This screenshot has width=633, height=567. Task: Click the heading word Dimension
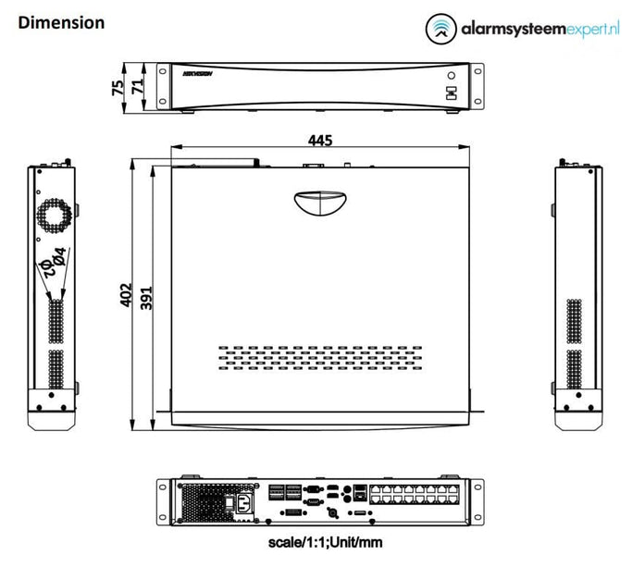coord(61,21)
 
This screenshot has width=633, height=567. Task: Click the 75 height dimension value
coord(117,87)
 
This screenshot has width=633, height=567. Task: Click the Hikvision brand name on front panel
coord(198,72)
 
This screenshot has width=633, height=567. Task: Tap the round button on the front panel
coord(451,76)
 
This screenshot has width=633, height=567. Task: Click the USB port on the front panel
coord(451,92)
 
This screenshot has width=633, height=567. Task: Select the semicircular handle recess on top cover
coord(317,201)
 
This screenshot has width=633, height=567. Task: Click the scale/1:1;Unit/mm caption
coord(319,546)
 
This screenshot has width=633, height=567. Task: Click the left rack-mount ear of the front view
coord(162,86)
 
